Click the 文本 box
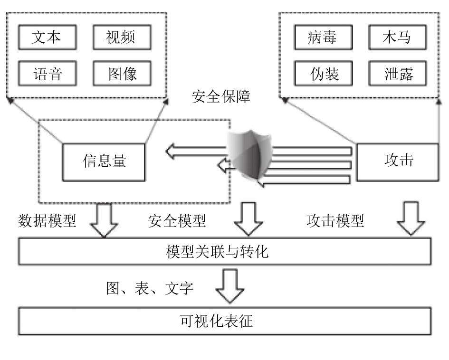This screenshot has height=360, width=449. click(x=47, y=37)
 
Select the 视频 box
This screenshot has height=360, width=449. click(x=122, y=37)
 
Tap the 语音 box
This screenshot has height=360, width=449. click(x=47, y=73)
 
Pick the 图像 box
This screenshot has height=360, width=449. click(x=122, y=73)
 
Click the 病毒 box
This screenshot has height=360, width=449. click(x=323, y=37)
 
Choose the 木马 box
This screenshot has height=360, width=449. click(x=398, y=37)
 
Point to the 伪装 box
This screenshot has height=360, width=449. click(x=323, y=73)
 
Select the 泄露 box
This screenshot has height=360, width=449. click(x=398, y=73)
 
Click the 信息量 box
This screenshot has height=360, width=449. click(x=104, y=162)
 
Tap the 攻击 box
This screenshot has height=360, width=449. click(x=398, y=162)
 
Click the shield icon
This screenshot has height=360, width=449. click(x=250, y=156)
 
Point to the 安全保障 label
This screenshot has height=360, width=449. click(x=221, y=96)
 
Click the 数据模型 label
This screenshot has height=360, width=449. click(x=47, y=221)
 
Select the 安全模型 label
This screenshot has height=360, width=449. click(x=177, y=221)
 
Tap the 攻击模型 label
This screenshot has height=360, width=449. click(x=335, y=221)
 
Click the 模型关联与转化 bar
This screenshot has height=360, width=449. click(x=224, y=251)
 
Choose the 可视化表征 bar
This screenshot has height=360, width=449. click(x=224, y=321)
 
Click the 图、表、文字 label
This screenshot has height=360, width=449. click(x=150, y=288)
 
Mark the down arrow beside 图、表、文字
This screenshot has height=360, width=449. click(x=230, y=286)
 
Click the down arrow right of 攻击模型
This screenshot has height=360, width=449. click(x=411, y=218)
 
